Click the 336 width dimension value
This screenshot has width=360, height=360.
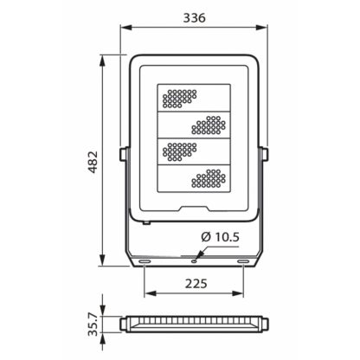pyautogui.click(x=195, y=18)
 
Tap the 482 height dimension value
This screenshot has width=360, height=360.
pyautogui.click(x=93, y=162)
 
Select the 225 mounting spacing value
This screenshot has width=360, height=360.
pyautogui.click(x=196, y=284)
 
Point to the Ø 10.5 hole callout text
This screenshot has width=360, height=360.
pyautogui.click(x=221, y=237)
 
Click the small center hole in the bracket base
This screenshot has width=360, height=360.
pyautogui.click(x=194, y=261)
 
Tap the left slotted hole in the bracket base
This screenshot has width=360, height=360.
pyautogui.click(x=145, y=261)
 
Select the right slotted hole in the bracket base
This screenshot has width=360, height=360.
pyautogui.click(x=243, y=261)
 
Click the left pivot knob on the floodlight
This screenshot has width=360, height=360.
pyautogui.click(x=125, y=154)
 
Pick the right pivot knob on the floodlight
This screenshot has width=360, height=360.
pyautogui.click(x=264, y=154)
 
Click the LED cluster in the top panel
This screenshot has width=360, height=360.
pyautogui.click(x=180, y=99)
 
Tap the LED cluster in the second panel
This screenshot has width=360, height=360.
pyautogui.click(x=209, y=125)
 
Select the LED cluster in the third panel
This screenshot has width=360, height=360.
pyautogui.click(x=180, y=151)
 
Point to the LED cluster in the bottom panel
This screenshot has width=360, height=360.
pyautogui.click(x=209, y=178)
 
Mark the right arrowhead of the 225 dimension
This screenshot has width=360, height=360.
pyautogui.click(x=238, y=293)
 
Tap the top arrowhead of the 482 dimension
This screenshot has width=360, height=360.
pyautogui.click(x=102, y=61)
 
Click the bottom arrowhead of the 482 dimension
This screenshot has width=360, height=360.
pyautogui.click(x=102, y=260)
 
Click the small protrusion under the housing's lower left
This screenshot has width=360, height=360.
pyautogui.click(x=147, y=222)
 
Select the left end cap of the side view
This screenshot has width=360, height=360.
pyautogui.click(x=123, y=324)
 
